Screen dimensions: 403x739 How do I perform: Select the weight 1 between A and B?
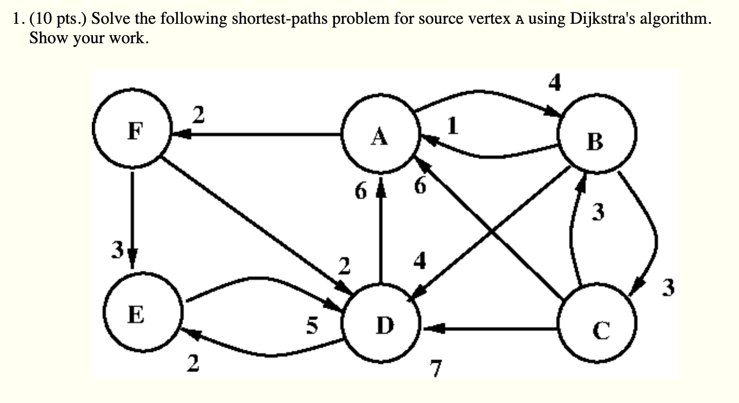453,126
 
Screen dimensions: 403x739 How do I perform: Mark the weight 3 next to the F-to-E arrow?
116,250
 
